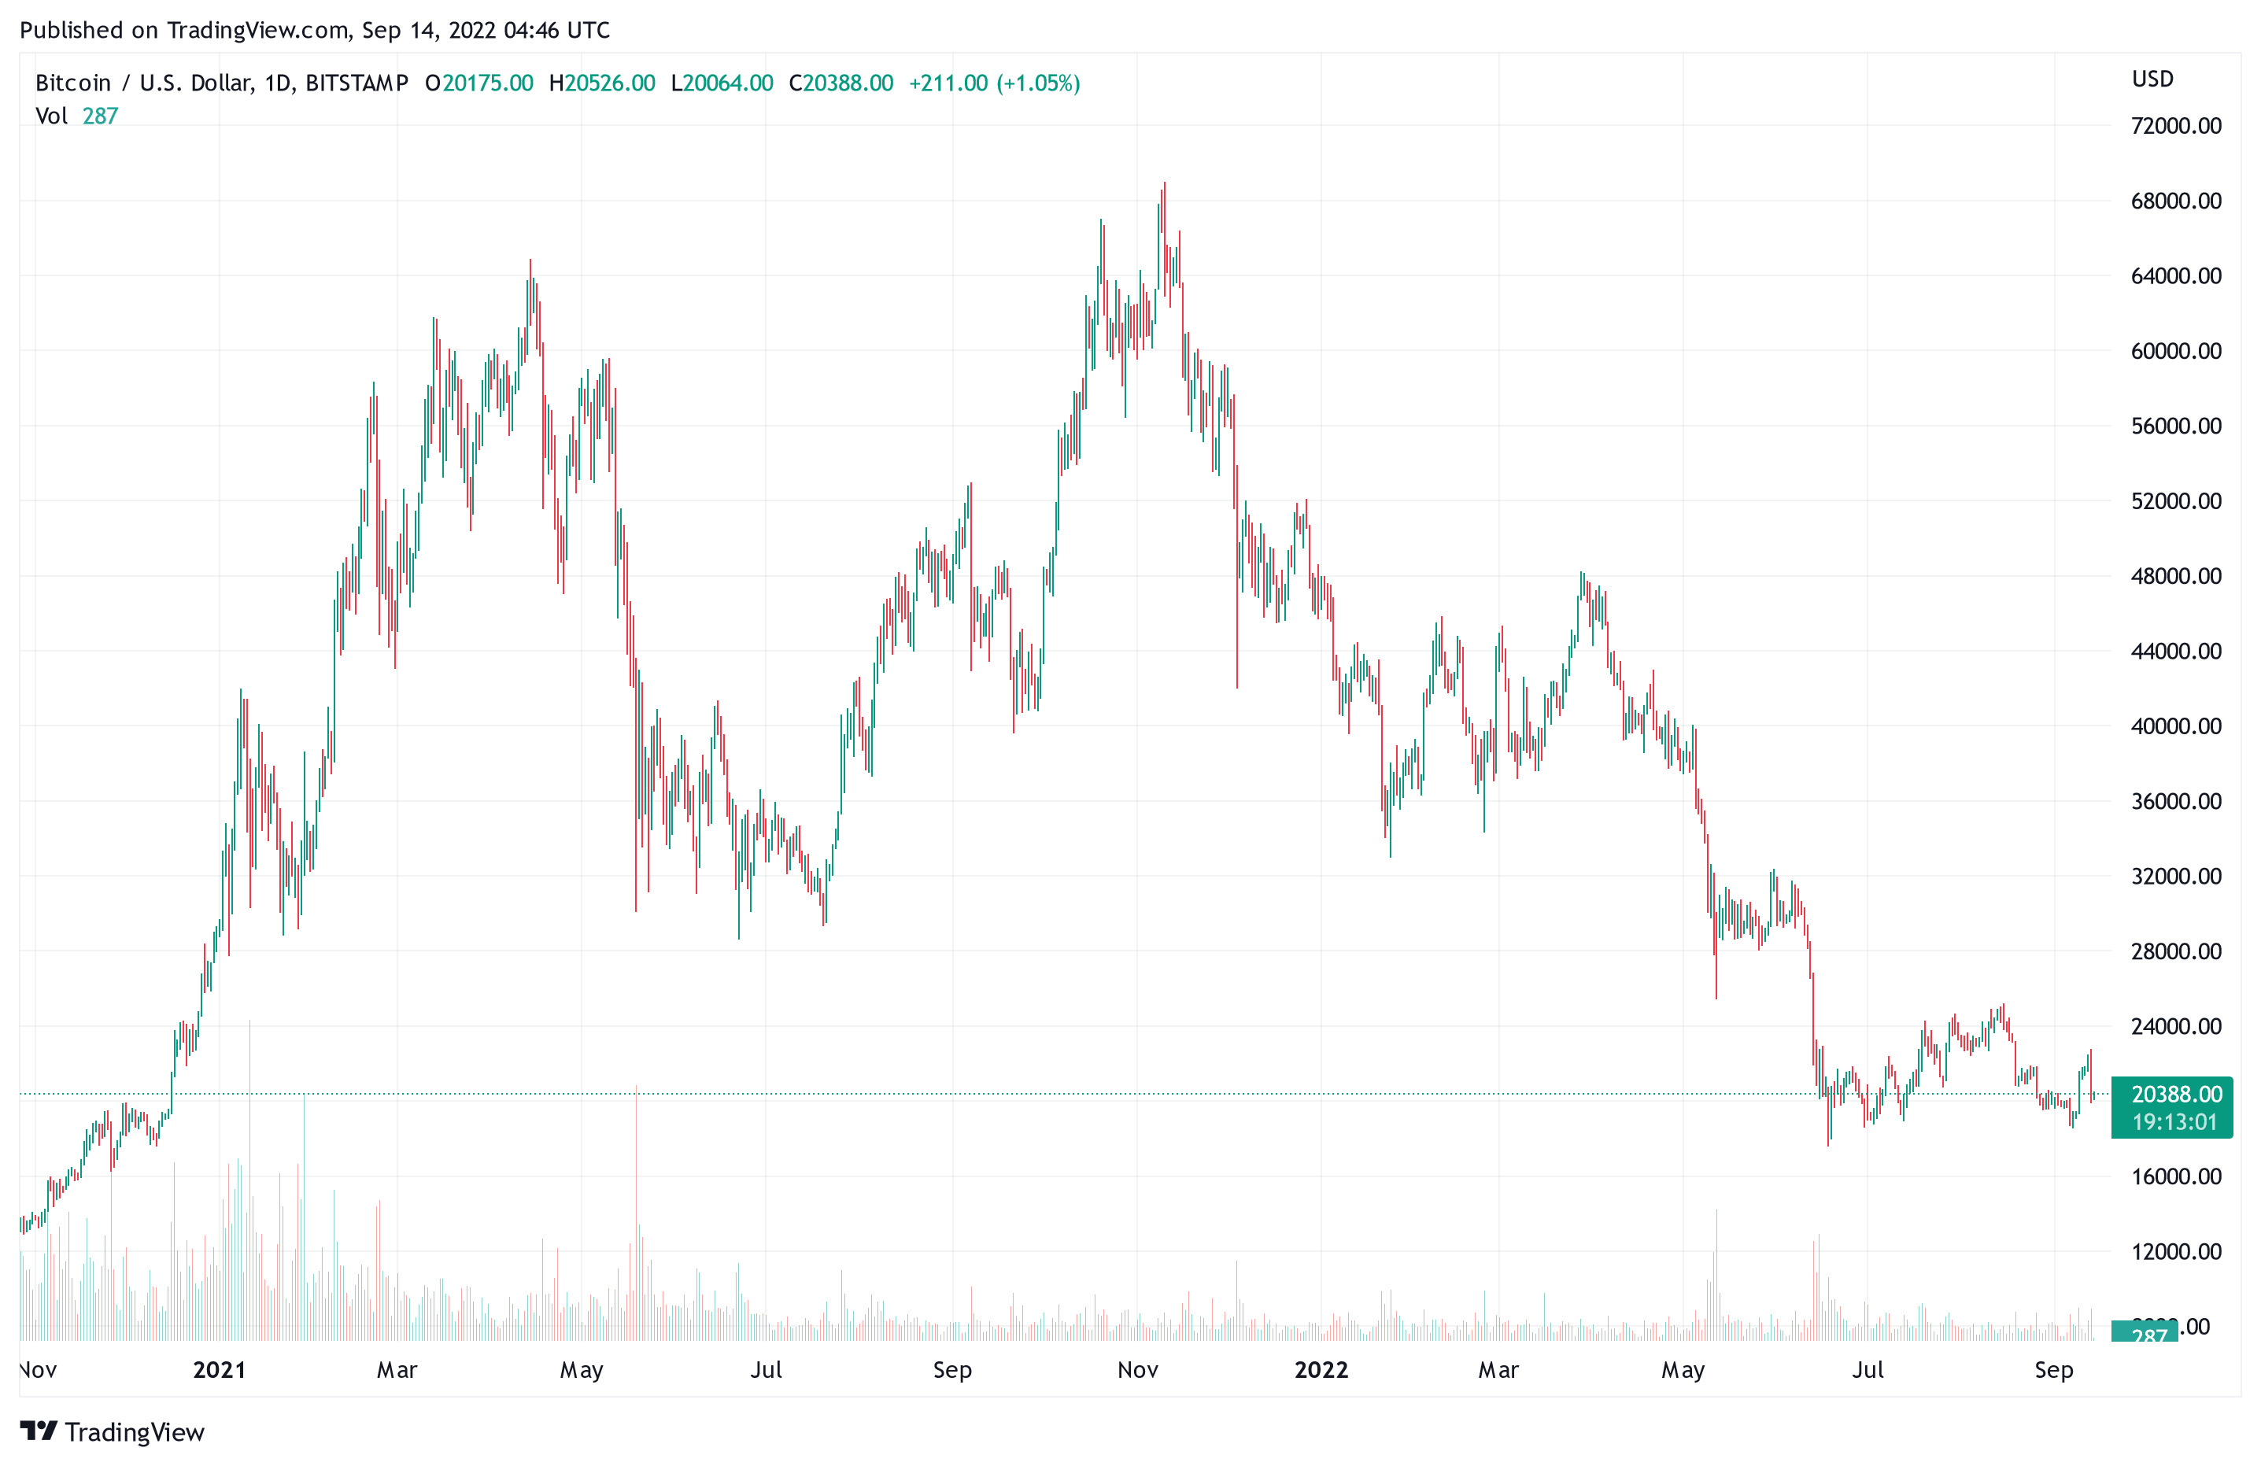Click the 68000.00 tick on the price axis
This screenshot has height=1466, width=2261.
(x=2175, y=201)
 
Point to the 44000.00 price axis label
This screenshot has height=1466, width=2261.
(x=2175, y=651)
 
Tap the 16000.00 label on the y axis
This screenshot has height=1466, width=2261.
(x=2175, y=1176)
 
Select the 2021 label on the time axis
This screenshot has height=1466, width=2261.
(x=220, y=1369)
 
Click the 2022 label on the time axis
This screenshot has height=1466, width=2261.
(x=1321, y=1369)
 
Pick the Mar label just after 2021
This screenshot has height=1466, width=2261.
(x=397, y=1369)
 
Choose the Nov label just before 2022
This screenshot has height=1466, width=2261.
(x=1137, y=1369)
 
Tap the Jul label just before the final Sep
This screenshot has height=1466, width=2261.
(x=1868, y=1369)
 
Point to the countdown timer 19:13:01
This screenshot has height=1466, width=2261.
(x=2174, y=1122)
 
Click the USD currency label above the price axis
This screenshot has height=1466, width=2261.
(x=2152, y=79)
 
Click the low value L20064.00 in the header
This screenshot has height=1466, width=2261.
(x=722, y=83)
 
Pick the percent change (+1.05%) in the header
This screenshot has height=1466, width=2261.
(x=1037, y=83)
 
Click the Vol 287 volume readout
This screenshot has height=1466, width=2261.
(x=76, y=116)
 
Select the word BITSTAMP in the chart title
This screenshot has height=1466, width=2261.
(x=357, y=83)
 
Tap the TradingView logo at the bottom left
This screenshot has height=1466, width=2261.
(x=112, y=1432)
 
